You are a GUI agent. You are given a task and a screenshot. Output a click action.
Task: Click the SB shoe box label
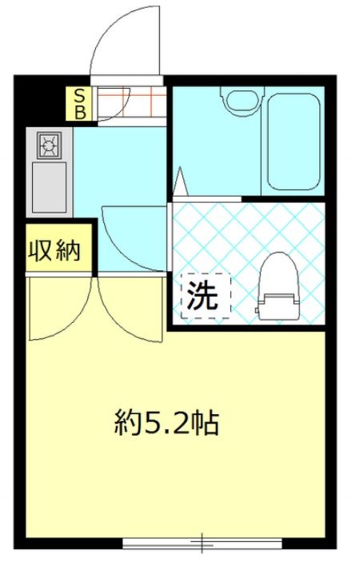(x=80, y=104)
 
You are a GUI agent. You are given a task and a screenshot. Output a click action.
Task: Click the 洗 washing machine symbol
(x=202, y=295)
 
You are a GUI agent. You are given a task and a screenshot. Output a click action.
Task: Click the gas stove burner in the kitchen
(x=49, y=145)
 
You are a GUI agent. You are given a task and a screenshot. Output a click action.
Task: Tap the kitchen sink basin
(x=49, y=187)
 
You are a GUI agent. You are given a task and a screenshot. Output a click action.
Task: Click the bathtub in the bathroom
(x=294, y=141)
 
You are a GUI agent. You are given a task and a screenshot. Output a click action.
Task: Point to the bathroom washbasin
(x=242, y=100)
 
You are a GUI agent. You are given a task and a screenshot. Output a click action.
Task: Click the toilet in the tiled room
(x=279, y=286)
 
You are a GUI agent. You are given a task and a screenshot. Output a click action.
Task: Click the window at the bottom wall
(x=202, y=543)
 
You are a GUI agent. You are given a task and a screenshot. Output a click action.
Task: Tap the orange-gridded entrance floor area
(x=132, y=104)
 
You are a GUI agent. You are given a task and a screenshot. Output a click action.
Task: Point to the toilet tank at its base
(x=278, y=306)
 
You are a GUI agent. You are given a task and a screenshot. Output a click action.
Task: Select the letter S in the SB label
(x=80, y=96)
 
